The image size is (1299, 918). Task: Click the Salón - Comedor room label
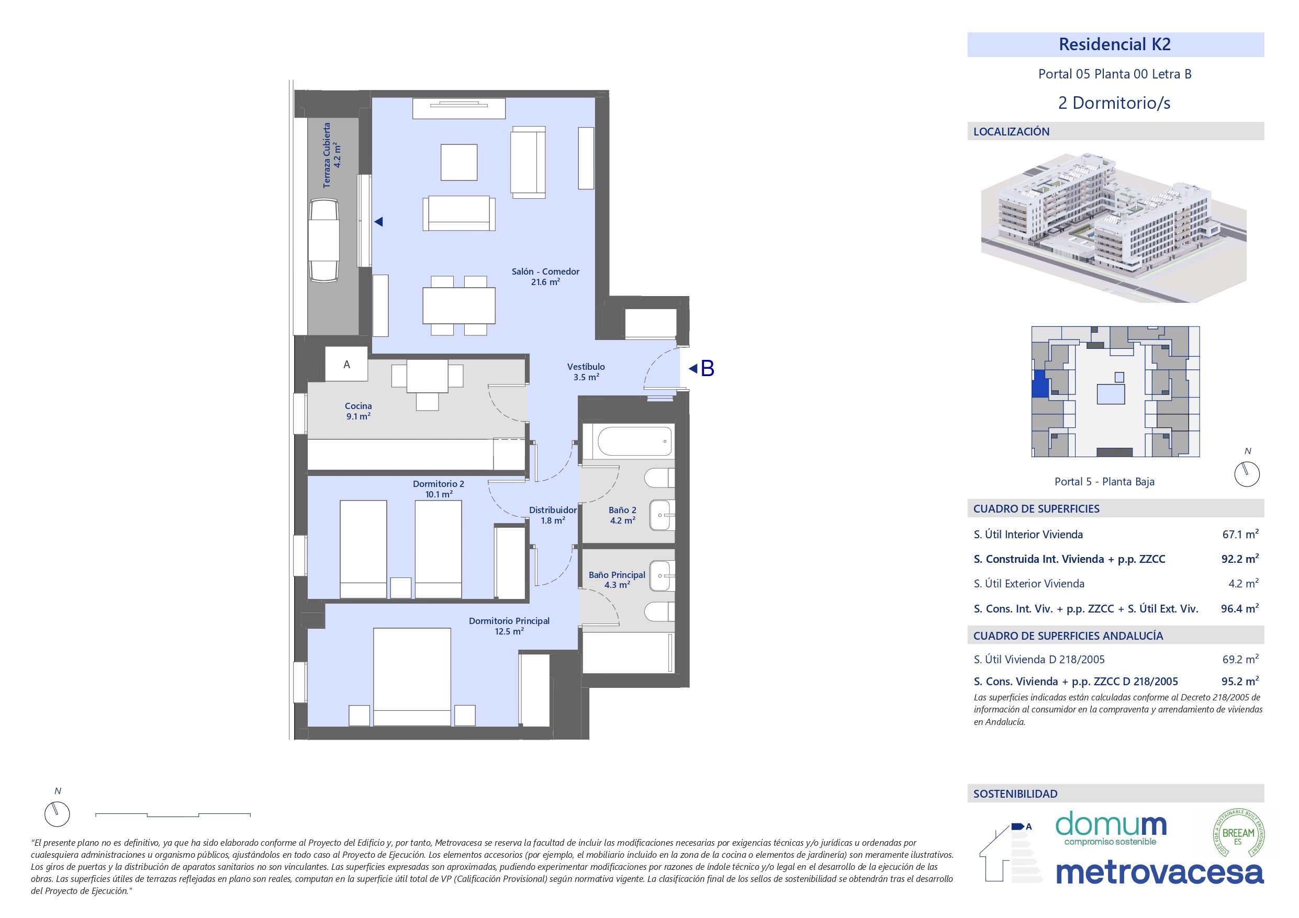[x=545, y=277]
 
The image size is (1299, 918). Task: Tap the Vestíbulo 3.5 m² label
[x=586, y=371]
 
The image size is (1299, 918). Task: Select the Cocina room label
[x=358, y=411]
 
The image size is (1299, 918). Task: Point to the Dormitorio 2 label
[x=439, y=489]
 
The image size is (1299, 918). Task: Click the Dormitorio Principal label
[x=509, y=626]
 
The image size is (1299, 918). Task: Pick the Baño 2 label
[x=622, y=515]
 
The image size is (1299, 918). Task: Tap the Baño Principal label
[x=617, y=579]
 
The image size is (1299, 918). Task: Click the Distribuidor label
[x=553, y=515]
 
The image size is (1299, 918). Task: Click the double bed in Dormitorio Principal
[x=412, y=676]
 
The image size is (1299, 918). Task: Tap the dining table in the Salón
[x=459, y=305]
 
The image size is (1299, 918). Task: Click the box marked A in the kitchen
[x=347, y=365]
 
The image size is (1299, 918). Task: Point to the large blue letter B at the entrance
[x=707, y=369]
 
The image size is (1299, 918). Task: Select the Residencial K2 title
[x=1115, y=44]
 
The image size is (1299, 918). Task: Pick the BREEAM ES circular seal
[x=1238, y=834]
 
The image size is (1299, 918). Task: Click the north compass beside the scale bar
[x=57, y=814]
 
